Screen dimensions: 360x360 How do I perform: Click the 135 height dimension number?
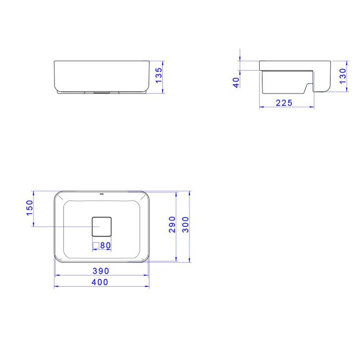point(159,75)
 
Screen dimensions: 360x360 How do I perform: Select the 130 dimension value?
point(342,76)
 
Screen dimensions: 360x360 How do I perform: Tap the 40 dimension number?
point(236,82)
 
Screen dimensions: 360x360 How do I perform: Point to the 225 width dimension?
point(284,103)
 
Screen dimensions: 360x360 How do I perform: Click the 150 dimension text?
point(30,208)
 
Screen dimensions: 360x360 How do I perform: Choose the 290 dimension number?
point(172,224)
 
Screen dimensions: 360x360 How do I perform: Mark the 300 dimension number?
point(185,224)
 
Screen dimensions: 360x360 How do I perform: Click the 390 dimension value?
point(101,271)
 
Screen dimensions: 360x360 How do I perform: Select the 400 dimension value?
point(100,282)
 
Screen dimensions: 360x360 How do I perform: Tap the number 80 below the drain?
point(105,245)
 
